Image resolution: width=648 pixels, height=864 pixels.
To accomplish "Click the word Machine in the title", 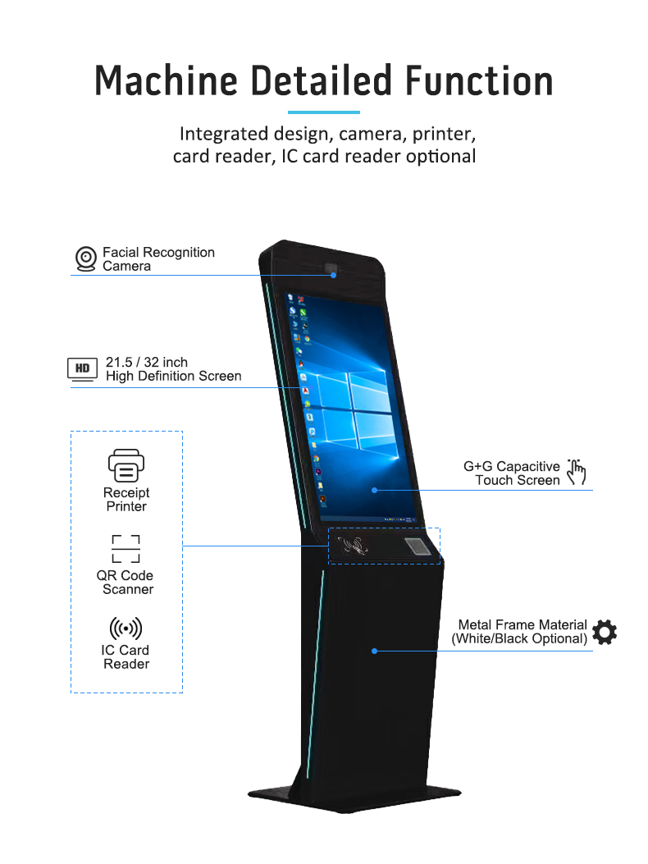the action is click(166, 80).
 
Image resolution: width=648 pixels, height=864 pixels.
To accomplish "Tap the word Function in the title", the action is click(479, 80).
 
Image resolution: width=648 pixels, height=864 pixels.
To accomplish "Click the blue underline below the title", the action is click(324, 112).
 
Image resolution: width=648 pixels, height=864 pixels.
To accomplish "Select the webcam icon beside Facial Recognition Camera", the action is click(86, 259).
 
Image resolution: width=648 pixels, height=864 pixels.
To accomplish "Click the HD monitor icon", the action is click(82, 369).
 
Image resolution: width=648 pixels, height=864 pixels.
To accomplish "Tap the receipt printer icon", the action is click(126, 465).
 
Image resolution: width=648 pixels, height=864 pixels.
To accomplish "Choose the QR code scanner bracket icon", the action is click(125, 549).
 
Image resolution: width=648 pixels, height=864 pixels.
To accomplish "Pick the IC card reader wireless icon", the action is click(125, 629).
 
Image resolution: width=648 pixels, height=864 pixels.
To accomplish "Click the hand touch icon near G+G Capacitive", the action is click(577, 473).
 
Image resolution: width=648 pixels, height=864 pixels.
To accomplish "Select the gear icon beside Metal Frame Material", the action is click(605, 632).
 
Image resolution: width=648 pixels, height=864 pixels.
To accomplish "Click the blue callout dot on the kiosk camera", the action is click(333, 275).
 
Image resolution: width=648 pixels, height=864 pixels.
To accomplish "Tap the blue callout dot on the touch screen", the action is click(375, 490).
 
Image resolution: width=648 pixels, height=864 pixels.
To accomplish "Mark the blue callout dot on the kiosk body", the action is click(375, 651).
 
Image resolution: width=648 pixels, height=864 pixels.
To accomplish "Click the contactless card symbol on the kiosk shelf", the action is click(353, 546).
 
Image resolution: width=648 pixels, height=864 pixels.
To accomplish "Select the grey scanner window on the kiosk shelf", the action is click(418, 546).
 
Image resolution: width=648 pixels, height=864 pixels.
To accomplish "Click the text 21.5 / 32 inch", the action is click(147, 362).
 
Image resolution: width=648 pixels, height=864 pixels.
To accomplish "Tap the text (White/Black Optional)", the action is click(519, 638).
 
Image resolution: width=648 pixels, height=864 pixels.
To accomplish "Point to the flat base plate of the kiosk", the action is click(354, 796).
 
